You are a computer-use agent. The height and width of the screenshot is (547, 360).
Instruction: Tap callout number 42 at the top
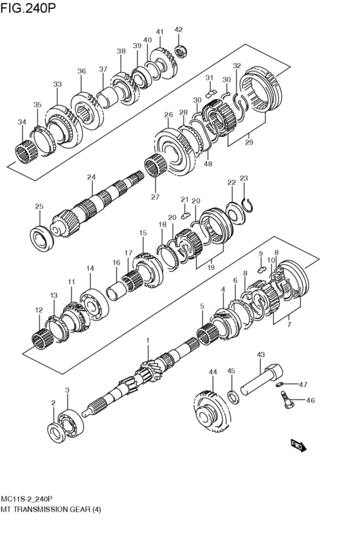(179, 29)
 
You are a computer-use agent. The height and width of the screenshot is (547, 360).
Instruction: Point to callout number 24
(91, 177)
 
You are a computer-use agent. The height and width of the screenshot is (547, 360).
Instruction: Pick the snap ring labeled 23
(249, 205)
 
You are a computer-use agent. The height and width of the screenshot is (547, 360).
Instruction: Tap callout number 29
(249, 143)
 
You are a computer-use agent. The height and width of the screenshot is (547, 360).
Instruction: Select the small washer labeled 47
(281, 385)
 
